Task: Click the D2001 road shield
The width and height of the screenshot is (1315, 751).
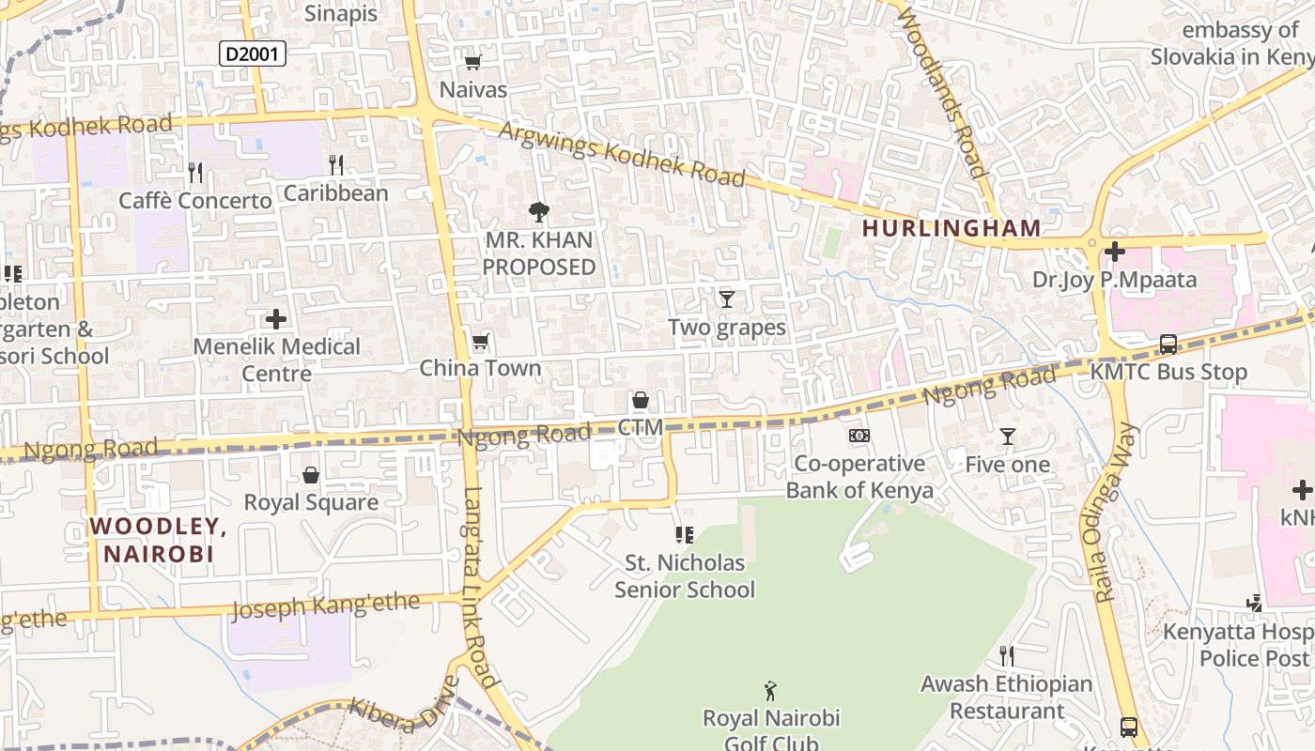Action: point(253,54)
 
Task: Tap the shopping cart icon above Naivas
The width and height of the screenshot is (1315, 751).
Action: point(473,63)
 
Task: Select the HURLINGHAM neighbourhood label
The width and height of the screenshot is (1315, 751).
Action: point(951,228)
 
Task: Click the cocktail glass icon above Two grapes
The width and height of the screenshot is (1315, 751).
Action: point(726,299)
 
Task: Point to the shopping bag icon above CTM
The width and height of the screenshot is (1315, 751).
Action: point(641,401)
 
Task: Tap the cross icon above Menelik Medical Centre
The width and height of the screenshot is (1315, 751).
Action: point(276,319)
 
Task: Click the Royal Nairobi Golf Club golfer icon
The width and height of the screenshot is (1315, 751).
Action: point(770,692)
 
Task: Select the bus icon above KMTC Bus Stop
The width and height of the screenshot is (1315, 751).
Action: point(1168,345)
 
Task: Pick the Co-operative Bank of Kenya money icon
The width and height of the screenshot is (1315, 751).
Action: point(859,436)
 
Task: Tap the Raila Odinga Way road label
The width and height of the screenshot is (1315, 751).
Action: point(1115,512)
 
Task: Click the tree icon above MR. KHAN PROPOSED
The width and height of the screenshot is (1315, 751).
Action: point(539,212)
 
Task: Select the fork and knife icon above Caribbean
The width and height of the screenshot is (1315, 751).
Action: point(336,166)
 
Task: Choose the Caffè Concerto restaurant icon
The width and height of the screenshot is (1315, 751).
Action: point(195,173)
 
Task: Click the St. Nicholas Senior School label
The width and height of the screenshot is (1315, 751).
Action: point(685,576)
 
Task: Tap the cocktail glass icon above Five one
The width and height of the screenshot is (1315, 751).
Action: point(1008,437)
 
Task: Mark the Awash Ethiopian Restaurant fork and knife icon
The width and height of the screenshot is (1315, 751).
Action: point(1007,655)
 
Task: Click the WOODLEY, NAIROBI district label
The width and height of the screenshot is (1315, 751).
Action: point(159,540)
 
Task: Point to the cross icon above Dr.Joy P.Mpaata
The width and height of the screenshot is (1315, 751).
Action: point(1115,252)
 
